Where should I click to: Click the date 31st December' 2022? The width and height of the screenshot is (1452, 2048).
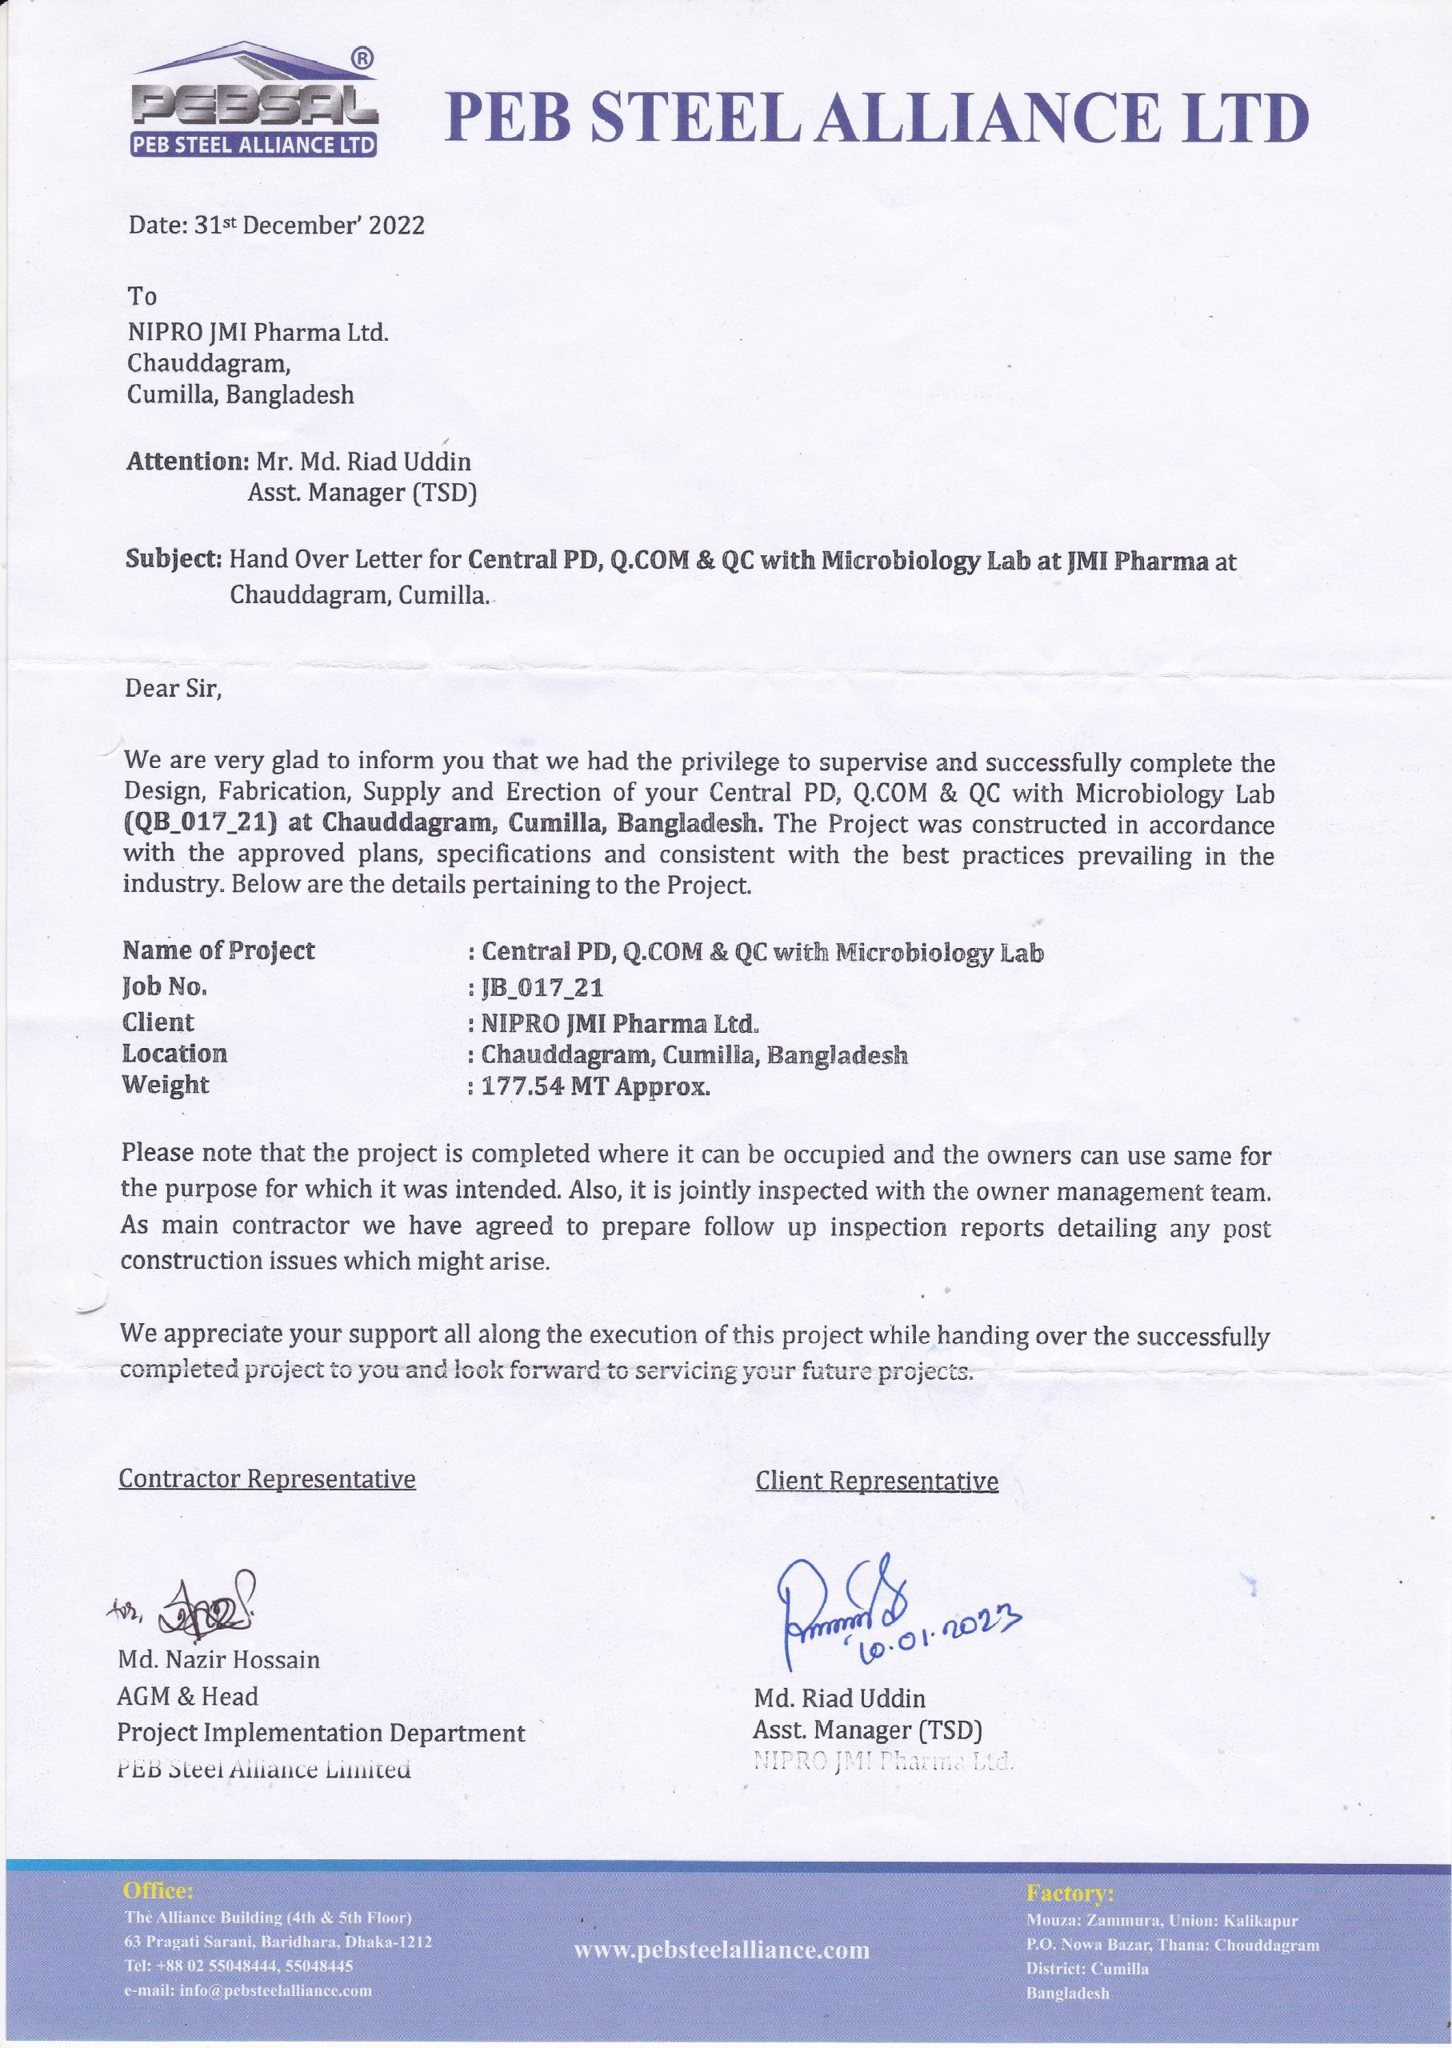tap(276, 224)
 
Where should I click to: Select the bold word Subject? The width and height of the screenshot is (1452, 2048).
tap(172, 561)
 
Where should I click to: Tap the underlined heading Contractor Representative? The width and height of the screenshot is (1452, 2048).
tap(267, 1478)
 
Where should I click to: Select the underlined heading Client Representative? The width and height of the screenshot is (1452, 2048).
tap(876, 1482)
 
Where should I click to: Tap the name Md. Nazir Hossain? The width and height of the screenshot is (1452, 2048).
tap(219, 1659)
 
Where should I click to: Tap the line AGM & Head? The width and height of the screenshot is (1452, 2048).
tap(188, 1696)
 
